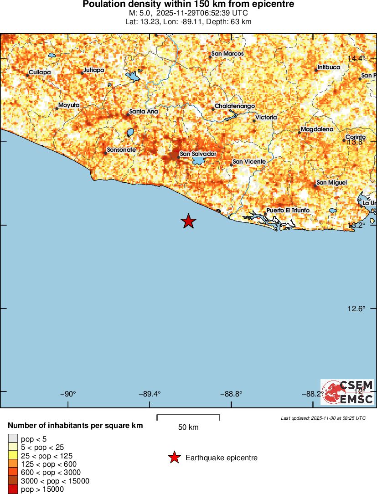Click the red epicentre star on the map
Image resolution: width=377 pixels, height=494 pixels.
point(188,221)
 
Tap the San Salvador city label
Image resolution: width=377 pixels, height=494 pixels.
point(198,154)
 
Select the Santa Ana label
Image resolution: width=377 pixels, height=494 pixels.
point(144,111)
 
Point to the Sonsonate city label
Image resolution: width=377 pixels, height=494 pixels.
point(121,150)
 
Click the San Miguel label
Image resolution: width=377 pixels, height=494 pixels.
point(332,183)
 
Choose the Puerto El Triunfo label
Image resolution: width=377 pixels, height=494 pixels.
point(288,211)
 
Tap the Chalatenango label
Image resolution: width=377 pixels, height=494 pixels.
point(235,106)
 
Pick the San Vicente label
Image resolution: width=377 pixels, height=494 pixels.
point(249,162)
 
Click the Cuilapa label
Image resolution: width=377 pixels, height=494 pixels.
point(40,72)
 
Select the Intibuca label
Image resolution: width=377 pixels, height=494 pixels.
point(329,67)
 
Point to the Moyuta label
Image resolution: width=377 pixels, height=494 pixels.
point(69,105)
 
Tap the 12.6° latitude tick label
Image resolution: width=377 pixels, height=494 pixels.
point(356,309)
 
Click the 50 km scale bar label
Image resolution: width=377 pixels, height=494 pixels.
point(188,427)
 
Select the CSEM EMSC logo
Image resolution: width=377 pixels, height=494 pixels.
point(347,392)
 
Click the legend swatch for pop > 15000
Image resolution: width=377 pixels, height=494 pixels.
point(13,489)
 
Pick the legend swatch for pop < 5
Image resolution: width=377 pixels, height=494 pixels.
point(13,439)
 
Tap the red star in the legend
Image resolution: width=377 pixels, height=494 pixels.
point(174,458)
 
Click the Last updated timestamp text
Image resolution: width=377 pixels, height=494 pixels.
point(323,418)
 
